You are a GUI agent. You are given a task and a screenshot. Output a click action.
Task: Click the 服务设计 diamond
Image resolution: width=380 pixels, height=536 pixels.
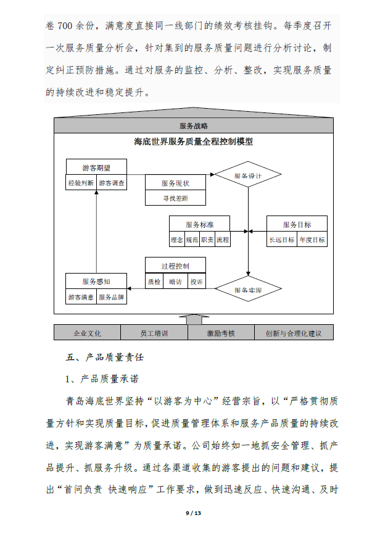point(248,174)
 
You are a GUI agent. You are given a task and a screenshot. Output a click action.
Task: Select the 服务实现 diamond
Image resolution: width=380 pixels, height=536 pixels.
point(248,289)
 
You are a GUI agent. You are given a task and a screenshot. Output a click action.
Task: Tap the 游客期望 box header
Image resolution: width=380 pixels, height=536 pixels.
point(96,167)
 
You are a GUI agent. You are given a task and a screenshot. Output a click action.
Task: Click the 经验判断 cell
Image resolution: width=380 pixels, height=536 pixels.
point(81,183)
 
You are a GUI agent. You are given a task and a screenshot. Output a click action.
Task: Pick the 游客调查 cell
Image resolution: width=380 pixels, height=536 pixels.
point(112,183)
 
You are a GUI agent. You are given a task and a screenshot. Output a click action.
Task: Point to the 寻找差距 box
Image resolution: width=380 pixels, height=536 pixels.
point(175,198)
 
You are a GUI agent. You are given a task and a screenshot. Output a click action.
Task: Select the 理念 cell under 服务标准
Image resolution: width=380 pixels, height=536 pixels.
point(177,240)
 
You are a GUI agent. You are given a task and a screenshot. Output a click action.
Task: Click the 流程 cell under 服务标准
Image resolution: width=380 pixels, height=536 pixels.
point(223,240)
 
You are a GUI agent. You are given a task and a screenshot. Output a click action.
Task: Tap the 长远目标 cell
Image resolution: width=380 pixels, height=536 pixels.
point(282,240)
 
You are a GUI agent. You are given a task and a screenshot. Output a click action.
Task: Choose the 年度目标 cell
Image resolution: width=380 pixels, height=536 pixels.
point(312,240)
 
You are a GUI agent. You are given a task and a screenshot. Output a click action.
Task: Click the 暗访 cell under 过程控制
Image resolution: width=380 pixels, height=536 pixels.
point(175,282)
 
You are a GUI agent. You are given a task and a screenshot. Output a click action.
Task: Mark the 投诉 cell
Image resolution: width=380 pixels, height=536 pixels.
point(197,282)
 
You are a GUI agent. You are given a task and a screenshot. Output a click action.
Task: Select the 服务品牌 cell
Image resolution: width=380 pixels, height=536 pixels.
point(111,296)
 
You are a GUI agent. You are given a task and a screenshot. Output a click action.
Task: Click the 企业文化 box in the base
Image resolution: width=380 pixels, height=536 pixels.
point(88,333)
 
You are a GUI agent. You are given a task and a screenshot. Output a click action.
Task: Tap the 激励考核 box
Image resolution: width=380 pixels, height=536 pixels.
point(221,333)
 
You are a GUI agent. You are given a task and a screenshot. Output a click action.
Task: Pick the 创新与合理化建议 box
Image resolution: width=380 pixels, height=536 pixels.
point(294,333)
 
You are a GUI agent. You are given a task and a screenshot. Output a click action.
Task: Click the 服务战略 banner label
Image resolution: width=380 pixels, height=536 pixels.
point(194,126)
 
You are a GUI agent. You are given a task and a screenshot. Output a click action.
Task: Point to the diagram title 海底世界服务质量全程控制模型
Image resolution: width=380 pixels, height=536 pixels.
point(194,141)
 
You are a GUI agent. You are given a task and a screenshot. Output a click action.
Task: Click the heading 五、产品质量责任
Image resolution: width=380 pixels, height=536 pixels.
point(105,357)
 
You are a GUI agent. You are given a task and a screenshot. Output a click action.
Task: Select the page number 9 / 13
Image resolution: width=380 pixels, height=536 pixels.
point(193,513)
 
